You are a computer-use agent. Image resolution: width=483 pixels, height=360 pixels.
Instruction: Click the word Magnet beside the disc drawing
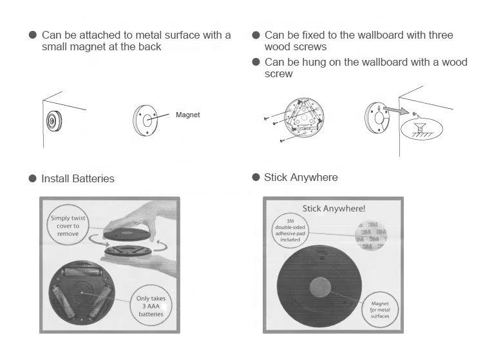[x=187, y=115]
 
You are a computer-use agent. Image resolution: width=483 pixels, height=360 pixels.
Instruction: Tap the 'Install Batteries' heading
[x=77, y=178]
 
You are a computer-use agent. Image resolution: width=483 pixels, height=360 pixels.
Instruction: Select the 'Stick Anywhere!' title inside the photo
[x=334, y=209]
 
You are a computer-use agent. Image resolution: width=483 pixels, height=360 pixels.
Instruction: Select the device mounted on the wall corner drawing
[x=52, y=121]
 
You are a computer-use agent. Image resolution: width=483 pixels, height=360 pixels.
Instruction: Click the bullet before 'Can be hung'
[x=256, y=62]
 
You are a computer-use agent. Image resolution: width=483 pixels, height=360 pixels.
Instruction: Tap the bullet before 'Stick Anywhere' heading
[x=256, y=177]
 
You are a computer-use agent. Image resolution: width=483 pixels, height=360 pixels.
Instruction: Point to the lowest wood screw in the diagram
[x=281, y=140]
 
